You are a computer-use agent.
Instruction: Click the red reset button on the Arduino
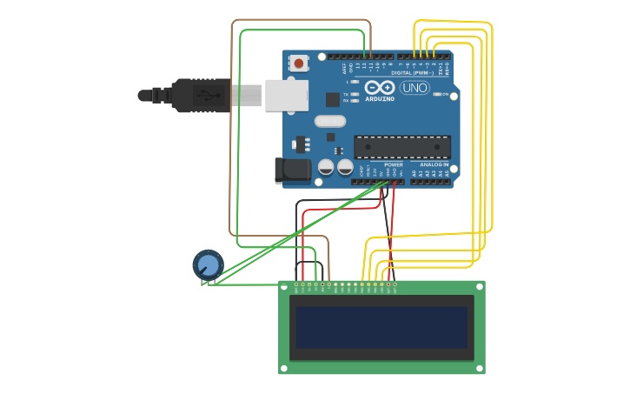click(299, 63)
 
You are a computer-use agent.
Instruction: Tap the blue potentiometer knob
click(208, 264)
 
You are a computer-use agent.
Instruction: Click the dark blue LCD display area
click(382, 326)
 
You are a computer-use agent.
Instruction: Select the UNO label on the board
click(414, 88)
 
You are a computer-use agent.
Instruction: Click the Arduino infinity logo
click(380, 87)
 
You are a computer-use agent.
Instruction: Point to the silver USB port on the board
click(286, 95)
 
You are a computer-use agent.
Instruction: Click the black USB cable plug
click(200, 95)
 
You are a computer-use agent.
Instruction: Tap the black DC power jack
click(293, 170)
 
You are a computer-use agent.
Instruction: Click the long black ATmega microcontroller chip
click(401, 147)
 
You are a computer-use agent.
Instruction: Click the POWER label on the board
click(393, 164)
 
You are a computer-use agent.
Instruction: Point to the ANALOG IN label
click(434, 164)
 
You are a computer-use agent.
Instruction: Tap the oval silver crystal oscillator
click(330, 122)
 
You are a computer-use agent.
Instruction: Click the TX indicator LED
click(355, 94)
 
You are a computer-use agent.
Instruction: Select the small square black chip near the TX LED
click(332, 99)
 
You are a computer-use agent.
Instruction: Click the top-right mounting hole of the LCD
click(479, 285)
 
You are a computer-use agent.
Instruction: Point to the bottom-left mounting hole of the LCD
click(284, 369)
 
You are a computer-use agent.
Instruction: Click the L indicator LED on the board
click(355, 82)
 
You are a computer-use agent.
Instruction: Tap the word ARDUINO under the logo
click(380, 98)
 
